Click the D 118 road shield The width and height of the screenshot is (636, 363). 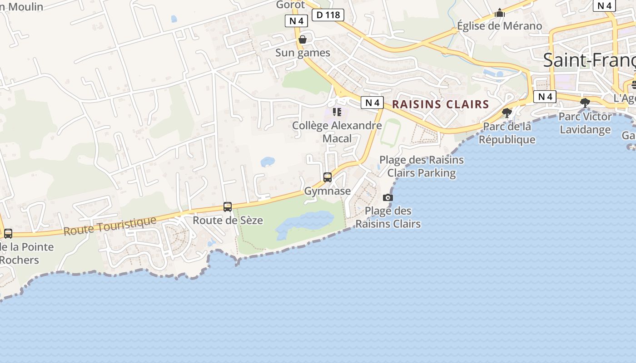coord(328,15)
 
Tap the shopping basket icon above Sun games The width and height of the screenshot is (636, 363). coord(303,39)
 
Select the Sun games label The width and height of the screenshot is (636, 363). coord(303,53)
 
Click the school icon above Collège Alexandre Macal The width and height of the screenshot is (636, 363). coord(337,112)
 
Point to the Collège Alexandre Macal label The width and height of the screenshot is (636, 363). coord(337,132)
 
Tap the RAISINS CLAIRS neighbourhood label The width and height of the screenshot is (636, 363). coord(440,104)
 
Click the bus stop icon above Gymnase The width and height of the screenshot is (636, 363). coord(328,177)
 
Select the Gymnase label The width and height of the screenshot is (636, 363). coord(328,191)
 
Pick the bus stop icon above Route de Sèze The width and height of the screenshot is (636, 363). coord(228,207)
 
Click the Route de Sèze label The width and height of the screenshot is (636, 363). coord(228,221)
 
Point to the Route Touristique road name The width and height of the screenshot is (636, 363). coord(109,226)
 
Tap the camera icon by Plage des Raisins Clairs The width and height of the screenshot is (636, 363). coord(388,197)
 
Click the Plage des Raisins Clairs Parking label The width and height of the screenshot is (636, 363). coord(422,166)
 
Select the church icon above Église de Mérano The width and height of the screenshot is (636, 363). coord(500,13)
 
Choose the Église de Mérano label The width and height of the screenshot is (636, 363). coord(500,26)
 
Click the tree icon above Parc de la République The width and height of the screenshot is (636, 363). coord(507,113)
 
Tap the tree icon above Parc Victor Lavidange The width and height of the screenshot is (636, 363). coord(585,103)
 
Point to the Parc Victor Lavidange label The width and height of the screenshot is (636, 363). coord(585,123)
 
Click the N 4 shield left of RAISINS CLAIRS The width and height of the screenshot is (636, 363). coord(373,103)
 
